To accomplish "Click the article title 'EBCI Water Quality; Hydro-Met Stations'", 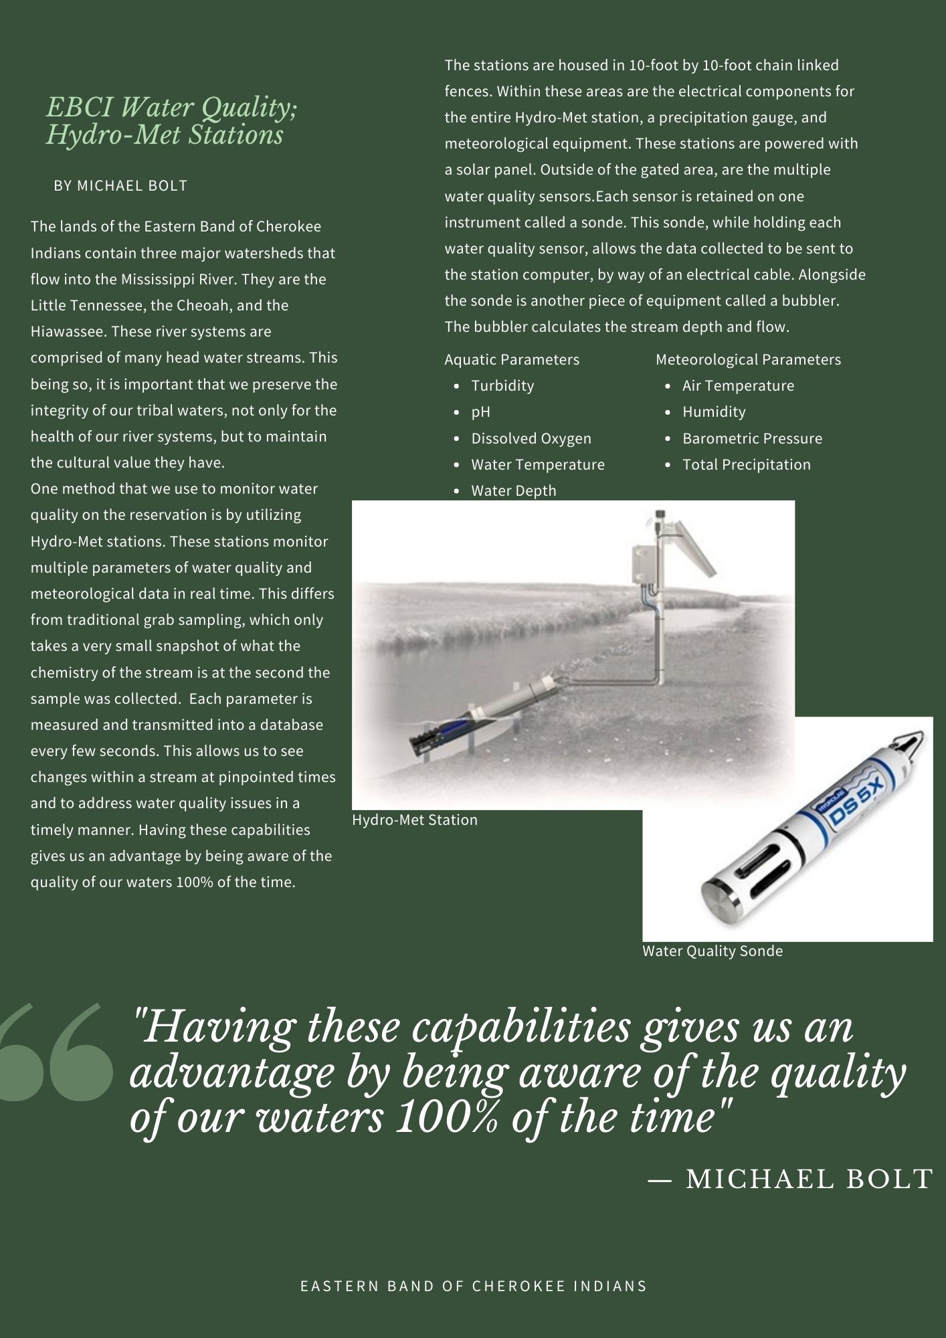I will coord(171,121).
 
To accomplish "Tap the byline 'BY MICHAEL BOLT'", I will coord(120,186).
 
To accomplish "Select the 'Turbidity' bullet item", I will coord(502,386).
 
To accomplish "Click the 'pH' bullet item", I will coord(480,412).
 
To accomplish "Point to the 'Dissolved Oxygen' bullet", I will coord(531,439).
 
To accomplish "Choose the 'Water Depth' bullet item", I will coord(513,491).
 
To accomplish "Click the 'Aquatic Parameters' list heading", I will coord(512,360).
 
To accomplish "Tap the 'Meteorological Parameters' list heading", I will coord(748,360).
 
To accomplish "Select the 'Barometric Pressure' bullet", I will coord(752,439).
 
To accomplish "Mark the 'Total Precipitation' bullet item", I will coord(746,465).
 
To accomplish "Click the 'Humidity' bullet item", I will coord(714,412).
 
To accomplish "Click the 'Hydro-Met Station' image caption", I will coord(415,820).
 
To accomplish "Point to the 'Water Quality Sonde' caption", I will coord(713,951).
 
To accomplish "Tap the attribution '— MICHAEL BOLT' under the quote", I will coord(790,1179).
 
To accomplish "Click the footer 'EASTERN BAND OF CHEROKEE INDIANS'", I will coord(474,1286).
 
